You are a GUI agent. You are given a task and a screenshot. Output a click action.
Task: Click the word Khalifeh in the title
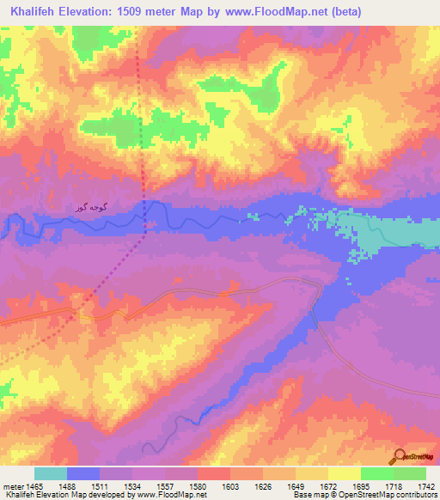click(35, 12)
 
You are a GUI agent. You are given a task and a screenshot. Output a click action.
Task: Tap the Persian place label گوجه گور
click(92, 209)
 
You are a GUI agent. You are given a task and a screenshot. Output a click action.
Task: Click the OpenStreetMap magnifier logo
click(400, 456)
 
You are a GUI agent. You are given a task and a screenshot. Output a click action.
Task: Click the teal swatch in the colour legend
click(51, 473)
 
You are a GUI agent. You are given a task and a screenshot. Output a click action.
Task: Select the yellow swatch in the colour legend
click(344, 473)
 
